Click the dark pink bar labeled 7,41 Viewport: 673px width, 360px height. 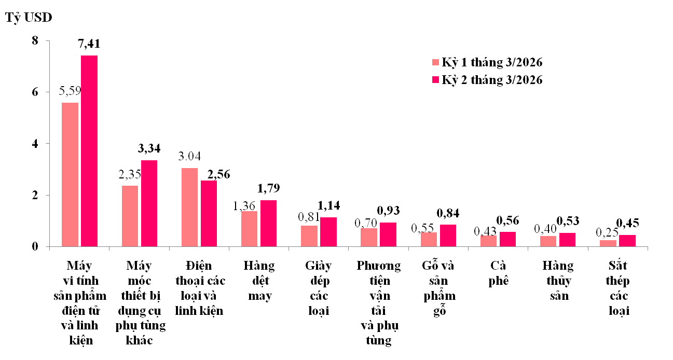tap(89, 150)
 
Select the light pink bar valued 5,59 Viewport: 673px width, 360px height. tap(70, 174)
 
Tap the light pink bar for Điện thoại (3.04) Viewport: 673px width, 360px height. tap(189, 207)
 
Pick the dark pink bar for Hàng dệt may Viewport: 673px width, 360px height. tap(268, 223)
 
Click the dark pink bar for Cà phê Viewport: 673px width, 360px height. tap(507, 239)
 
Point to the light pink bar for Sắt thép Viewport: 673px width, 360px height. tap(608, 243)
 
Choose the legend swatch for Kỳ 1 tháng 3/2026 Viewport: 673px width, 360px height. tap(435, 63)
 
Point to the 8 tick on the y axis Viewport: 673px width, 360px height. tap(35, 40)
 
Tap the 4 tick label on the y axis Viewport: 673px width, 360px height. tap(35, 144)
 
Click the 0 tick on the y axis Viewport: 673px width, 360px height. tap(35, 246)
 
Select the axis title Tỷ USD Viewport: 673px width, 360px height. tap(29, 17)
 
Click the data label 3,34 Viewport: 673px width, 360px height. tap(148, 149)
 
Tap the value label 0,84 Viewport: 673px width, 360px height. tap(448, 213)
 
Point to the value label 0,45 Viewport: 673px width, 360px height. tap(627, 224)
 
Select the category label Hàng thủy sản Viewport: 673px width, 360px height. tap(558, 281)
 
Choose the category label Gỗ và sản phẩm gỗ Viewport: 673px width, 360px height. tap(438, 288)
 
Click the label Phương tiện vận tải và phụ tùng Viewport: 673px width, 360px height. tap(379, 303)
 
